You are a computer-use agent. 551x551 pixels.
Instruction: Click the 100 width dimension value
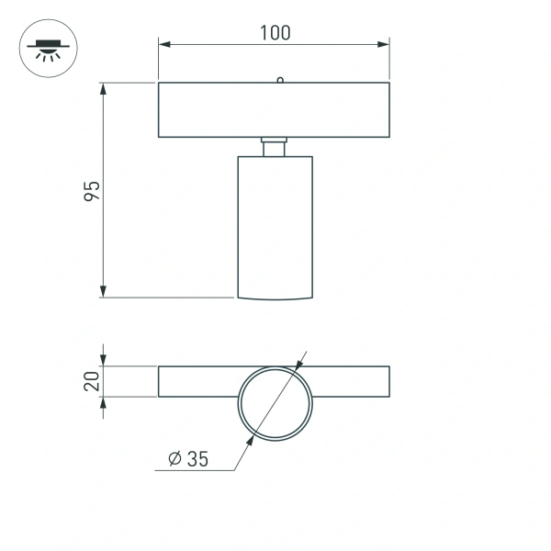point(275,33)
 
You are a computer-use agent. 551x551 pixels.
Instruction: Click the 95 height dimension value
point(92,191)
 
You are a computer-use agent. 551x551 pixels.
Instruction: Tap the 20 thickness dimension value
point(92,381)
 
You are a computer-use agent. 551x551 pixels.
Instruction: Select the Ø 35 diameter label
point(189,459)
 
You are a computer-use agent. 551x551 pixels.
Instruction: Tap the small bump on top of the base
point(278,80)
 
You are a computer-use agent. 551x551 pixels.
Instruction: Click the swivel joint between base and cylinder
point(275,147)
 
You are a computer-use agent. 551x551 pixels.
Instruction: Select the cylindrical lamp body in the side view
point(275,225)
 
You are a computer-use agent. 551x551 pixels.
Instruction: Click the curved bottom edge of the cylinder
point(275,298)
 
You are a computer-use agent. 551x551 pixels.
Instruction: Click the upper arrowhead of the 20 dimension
point(104,360)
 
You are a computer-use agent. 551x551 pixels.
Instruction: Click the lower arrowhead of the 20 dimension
point(104,403)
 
